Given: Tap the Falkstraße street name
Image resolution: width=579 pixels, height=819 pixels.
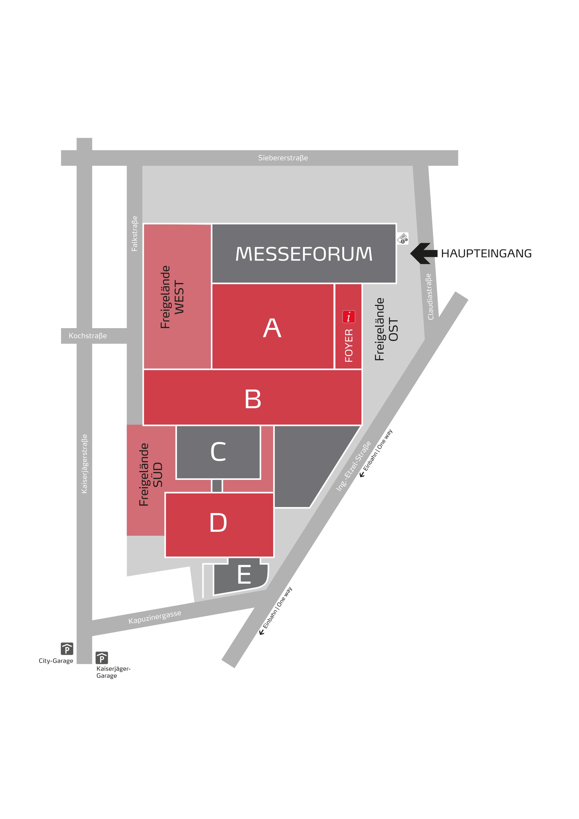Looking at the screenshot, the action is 134,234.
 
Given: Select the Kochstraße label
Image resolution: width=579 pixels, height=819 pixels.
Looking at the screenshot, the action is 88,336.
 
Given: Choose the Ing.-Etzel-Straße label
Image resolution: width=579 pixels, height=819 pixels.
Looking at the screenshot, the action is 353,466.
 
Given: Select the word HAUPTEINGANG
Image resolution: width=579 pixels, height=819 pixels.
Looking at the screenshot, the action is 486,254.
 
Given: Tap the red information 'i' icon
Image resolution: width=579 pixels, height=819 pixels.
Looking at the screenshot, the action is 349,316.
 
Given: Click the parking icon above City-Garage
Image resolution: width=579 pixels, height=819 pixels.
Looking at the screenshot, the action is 67,649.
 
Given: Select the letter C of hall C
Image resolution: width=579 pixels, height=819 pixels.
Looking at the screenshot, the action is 218,452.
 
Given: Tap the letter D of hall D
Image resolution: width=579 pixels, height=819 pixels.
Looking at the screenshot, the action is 218,523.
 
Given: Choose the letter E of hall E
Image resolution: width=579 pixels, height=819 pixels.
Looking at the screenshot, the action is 244,575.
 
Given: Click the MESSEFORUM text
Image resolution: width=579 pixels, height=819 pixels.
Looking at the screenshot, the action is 304,254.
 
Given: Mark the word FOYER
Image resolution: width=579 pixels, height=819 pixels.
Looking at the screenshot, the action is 349,345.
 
